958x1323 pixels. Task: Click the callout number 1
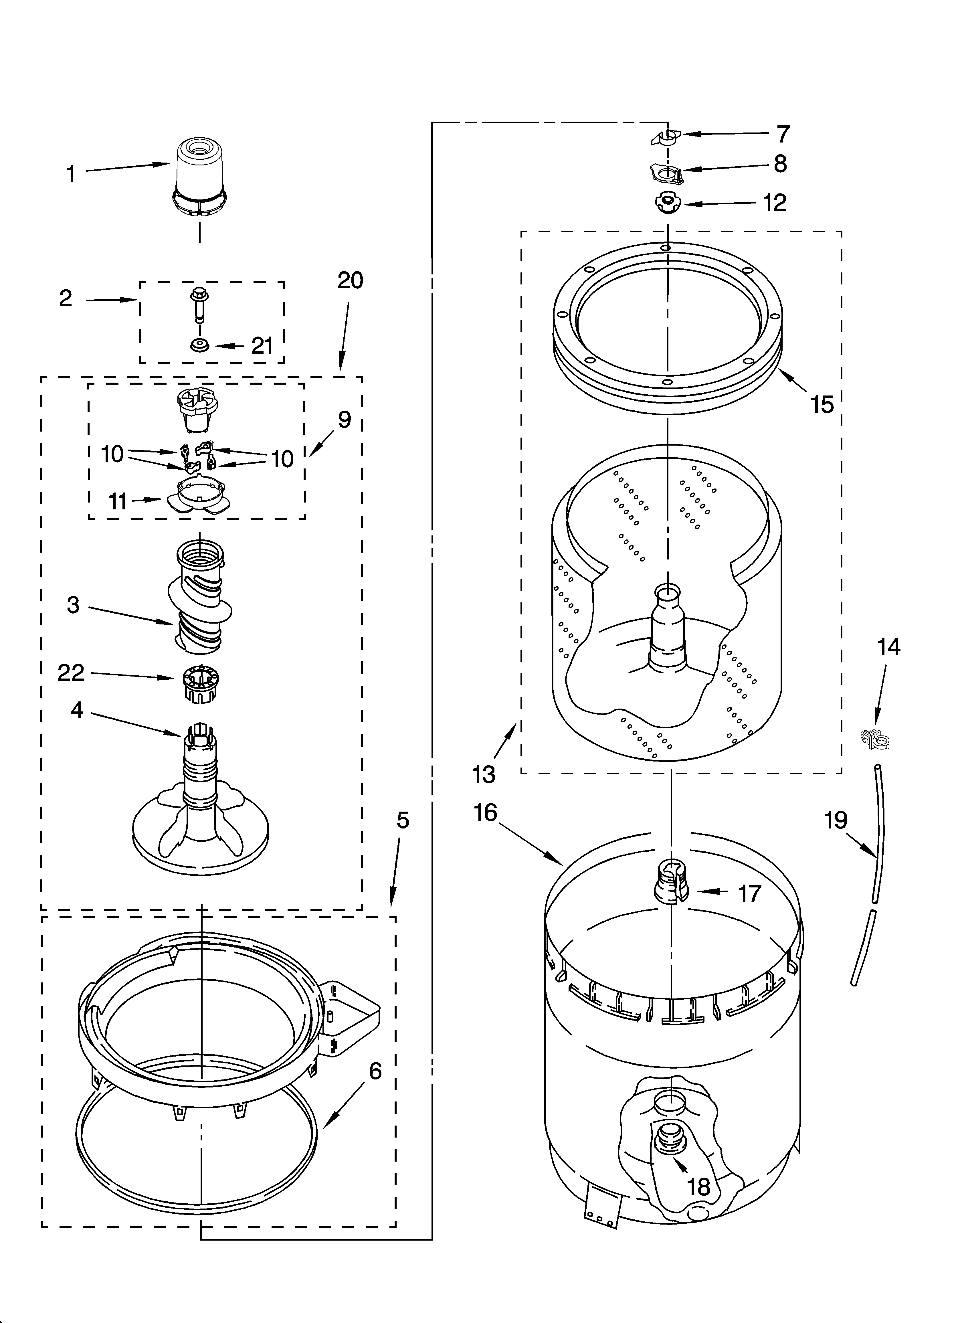pyautogui.click(x=71, y=174)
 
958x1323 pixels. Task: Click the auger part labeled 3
pyautogui.click(x=199, y=595)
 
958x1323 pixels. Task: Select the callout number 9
pyautogui.click(x=344, y=420)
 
